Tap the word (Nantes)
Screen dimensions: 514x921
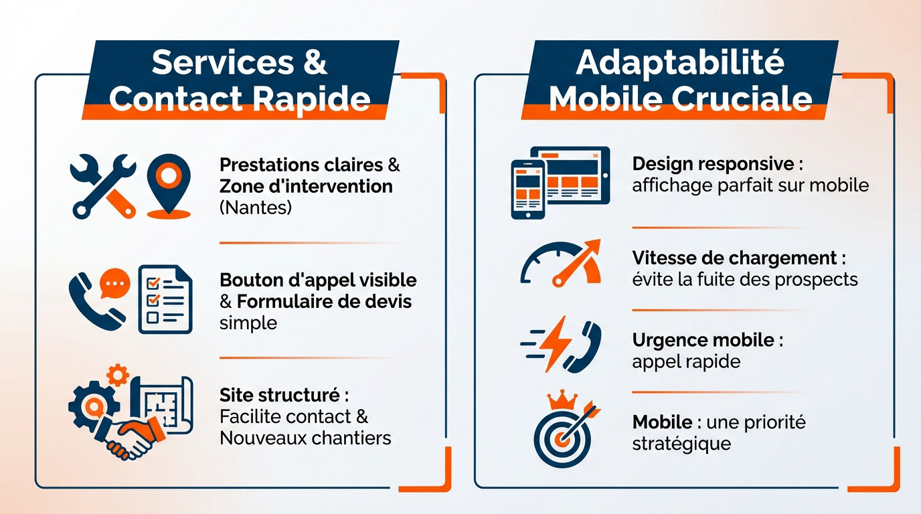click(255, 207)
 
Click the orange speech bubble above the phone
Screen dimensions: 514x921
click(114, 284)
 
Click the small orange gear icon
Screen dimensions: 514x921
click(118, 374)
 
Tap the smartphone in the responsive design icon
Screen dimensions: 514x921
click(528, 189)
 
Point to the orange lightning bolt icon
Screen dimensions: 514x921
click(555, 343)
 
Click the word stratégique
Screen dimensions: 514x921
click(681, 443)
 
